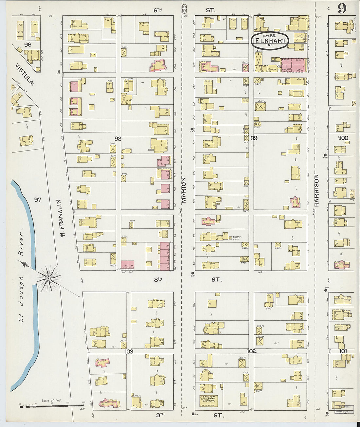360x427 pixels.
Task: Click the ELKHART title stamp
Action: coord(270,41)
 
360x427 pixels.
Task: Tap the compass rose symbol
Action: coord(48,278)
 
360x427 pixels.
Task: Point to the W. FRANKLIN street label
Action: coord(63,219)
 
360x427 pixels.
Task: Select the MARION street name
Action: coord(184,190)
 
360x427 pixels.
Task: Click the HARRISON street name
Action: coord(316,190)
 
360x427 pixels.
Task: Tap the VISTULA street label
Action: coord(25,74)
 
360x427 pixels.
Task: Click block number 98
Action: coord(118,139)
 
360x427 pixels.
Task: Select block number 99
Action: coord(254,138)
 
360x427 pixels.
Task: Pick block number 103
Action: coord(129,352)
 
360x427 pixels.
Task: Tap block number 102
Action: coord(252,351)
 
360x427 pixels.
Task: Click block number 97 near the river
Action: coord(38,199)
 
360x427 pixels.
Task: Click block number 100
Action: coord(344,138)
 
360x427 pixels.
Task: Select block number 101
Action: coord(343,351)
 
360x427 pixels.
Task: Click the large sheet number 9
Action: coord(342,9)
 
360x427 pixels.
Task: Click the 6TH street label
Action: coord(158,10)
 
